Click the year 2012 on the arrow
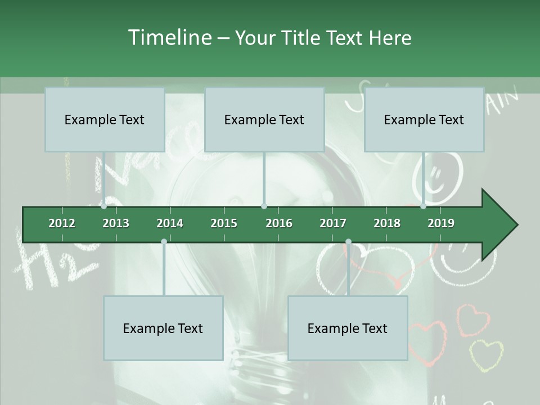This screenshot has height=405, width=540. point(62,223)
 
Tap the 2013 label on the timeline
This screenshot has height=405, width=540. point(116,223)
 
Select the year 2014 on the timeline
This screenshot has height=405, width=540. point(170,223)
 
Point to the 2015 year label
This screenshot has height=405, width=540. point(224,223)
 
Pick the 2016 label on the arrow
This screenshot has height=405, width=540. point(279,223)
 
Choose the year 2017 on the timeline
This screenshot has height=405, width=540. point(333,223)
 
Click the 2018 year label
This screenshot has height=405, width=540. point(387,223)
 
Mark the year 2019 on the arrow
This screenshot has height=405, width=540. point(441,223)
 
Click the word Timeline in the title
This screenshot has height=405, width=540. point(168,38)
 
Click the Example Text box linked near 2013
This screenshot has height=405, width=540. point(105,119)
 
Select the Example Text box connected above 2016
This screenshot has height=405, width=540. point(264,119)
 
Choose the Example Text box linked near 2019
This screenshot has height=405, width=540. point(424,119)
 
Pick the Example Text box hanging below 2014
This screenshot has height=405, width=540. point(163,328)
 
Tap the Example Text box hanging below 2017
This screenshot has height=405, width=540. point(348,328)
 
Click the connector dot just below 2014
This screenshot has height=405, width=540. point(164,242)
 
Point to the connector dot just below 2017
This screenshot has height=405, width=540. point(348,242)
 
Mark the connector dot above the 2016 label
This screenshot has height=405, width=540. point(264,206)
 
